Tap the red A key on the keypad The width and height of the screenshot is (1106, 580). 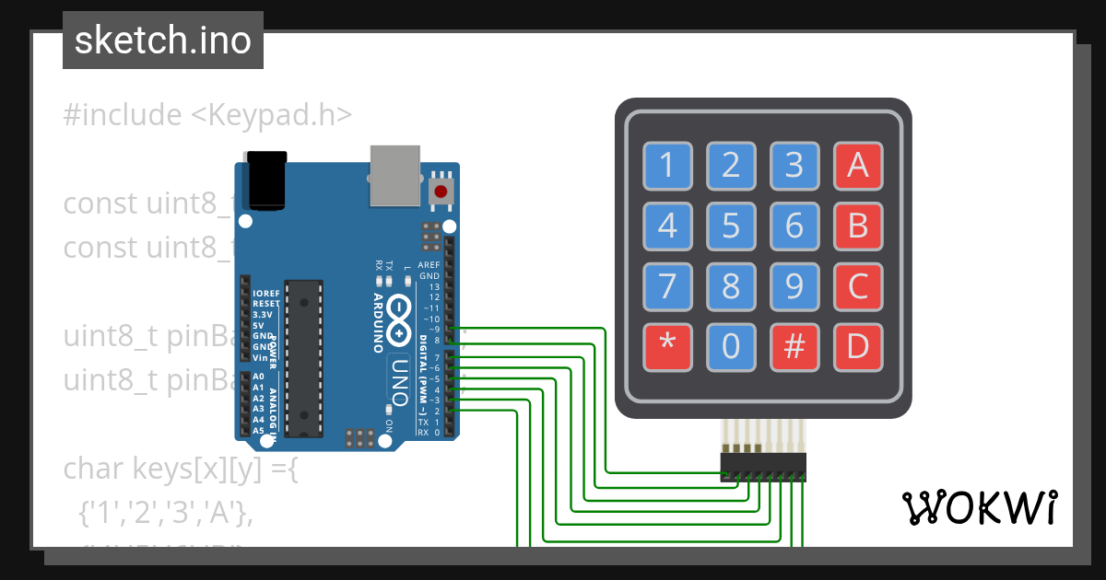tap(858, 166)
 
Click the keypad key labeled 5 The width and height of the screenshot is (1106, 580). tap(731, 226)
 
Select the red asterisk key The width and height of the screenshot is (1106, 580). tap(667, 347)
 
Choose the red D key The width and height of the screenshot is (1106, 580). tap(858, 347)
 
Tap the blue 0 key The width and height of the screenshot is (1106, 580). tap(731, 347)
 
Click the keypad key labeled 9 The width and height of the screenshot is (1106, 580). tap(794, 286)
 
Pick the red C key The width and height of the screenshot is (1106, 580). tap(858, 286)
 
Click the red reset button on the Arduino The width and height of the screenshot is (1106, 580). tap(441, 191)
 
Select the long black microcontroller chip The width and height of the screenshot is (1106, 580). tap(304, 357)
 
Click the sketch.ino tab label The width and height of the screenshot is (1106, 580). tap(163, 41)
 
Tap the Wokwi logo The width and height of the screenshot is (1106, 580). tap(978, 507)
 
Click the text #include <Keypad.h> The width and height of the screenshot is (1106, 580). tap(207, 115)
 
